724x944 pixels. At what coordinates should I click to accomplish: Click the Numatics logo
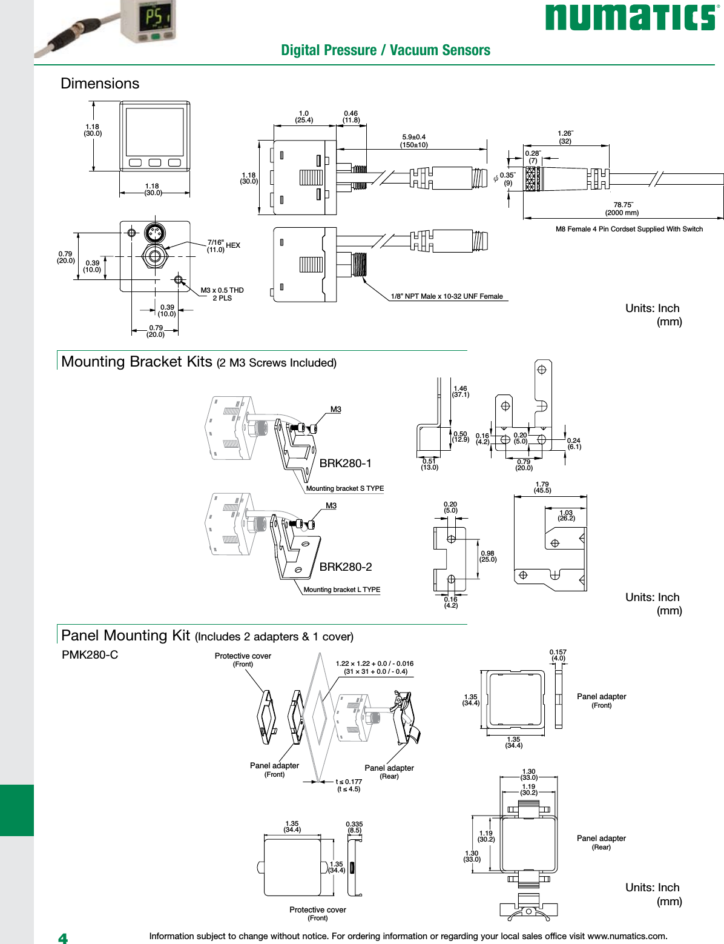[x=630, y=17]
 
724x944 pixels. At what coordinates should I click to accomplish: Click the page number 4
[x=63, y=938]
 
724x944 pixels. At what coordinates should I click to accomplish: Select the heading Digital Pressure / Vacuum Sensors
[x=385, y=50]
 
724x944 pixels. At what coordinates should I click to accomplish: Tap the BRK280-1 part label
[x=345, y=463]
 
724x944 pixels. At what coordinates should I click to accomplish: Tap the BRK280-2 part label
[x=345, y=567]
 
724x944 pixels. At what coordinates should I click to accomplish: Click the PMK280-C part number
[x=90, y=654]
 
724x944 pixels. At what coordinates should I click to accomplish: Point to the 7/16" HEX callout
[x=223, y=245]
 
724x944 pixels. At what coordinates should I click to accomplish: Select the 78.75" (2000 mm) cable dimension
[x=622, y=208]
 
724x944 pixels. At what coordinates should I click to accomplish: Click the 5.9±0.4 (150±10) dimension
[x=413, y=141]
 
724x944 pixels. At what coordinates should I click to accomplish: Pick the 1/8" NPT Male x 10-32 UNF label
[x=447, y=296]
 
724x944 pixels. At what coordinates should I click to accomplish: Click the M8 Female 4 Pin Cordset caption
[x=629, y=229]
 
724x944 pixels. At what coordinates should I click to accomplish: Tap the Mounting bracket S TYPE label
[x=344, y=488]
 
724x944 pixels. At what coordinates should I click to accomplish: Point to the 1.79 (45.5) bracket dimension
[x=542, y=487]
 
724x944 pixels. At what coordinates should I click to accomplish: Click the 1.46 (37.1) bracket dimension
[x=460, y=391]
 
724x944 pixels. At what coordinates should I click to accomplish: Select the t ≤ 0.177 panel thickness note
[x=349, y=785]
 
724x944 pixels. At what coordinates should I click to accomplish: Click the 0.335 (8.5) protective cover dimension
[x=354, y=827]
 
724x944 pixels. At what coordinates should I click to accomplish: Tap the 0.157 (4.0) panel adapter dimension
[x=558, y=655]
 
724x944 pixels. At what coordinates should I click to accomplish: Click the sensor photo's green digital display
[x=153, y=18]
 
